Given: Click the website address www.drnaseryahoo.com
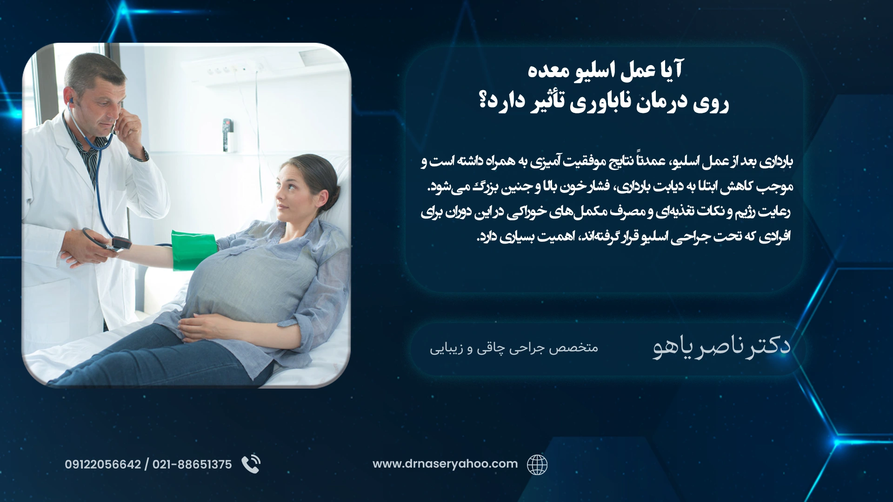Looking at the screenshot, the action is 445,464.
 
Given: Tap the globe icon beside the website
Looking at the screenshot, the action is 537,464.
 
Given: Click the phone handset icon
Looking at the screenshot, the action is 251,464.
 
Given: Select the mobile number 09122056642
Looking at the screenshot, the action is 103,464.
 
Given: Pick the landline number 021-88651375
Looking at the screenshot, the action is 192,464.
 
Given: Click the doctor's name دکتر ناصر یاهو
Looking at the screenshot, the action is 722,347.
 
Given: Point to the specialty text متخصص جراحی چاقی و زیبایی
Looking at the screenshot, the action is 514,348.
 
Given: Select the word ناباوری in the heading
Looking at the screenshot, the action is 601,102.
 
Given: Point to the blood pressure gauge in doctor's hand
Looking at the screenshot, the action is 120,243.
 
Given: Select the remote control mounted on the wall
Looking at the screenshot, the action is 227,135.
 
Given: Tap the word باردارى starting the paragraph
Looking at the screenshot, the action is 776,162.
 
